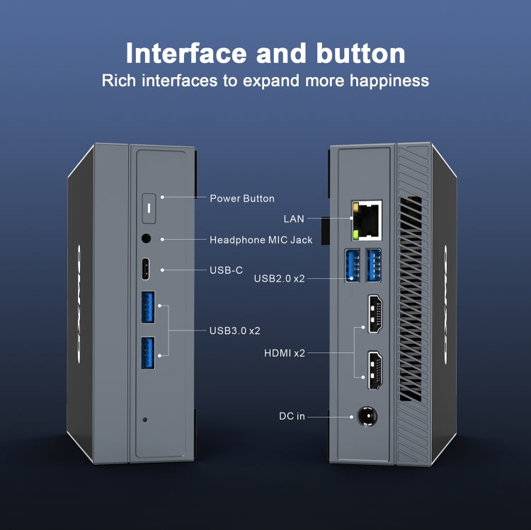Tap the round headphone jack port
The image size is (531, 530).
[x=147, y=240]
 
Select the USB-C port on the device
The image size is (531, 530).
[x=147, y=270]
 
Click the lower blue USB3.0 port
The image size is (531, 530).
[x=147, y=352]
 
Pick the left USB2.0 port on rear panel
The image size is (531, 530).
[x=353, y=265]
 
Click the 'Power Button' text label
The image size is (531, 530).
[x=242, y=198]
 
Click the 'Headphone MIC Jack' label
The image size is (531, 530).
[x=261, y=240]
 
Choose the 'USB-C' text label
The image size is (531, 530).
[x=227, y=270]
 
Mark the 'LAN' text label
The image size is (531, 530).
[x=294, y=219]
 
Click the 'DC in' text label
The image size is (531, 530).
[x=292, y=416]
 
